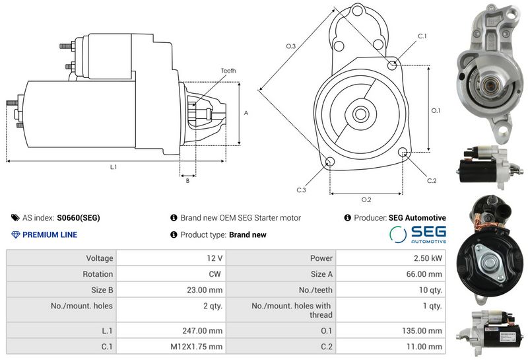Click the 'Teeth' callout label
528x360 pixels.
point(228,71)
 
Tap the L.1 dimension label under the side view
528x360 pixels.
point(114,167)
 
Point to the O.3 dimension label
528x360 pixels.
point(291,46)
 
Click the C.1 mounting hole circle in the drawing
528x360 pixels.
point(392,65)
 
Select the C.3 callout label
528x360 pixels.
point(301,190)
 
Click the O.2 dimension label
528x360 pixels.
point(366,199)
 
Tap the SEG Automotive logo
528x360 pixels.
point(418,234)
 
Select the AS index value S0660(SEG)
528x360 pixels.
point(79,218)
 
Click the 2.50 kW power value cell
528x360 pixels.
point(391,258)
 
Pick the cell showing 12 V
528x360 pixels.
point(171,258)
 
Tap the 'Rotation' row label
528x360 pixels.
point(61,274)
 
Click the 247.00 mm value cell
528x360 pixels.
point(171,331)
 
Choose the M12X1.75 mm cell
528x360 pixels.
point(171,347)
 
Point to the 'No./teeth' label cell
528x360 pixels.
point(281,290)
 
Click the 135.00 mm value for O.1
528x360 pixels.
point(391,331)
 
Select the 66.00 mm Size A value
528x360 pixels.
point(391,274)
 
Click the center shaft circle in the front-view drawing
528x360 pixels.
point(360,114)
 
